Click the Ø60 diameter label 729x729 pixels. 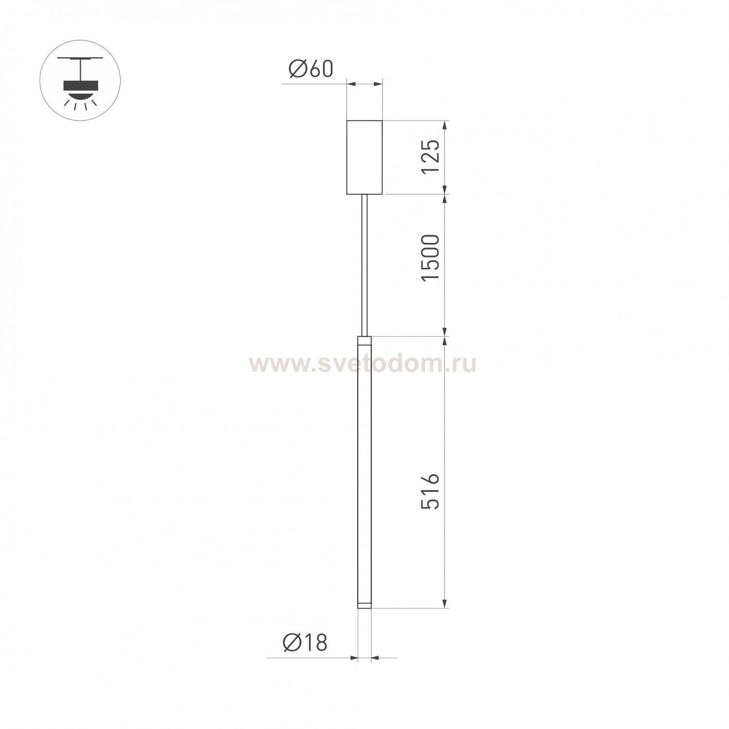click(x=311, y=69)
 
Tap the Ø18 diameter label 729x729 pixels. click(x=305, y=643)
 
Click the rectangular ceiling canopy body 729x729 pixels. click(x=364, y=156)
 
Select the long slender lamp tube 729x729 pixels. click(x=364, y=471)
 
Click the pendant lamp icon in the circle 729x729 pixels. click(x=80, y=81)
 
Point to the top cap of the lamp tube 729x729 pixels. click(x=364, y=340)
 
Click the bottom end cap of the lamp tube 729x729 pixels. click(x=364, y=605)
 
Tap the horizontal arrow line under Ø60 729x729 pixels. click(x=364, y=85)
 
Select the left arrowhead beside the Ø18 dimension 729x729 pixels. click(x=354, y=658)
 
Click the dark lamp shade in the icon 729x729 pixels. click(x=80, y=86)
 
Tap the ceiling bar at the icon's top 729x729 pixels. click(x=80, y=58)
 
